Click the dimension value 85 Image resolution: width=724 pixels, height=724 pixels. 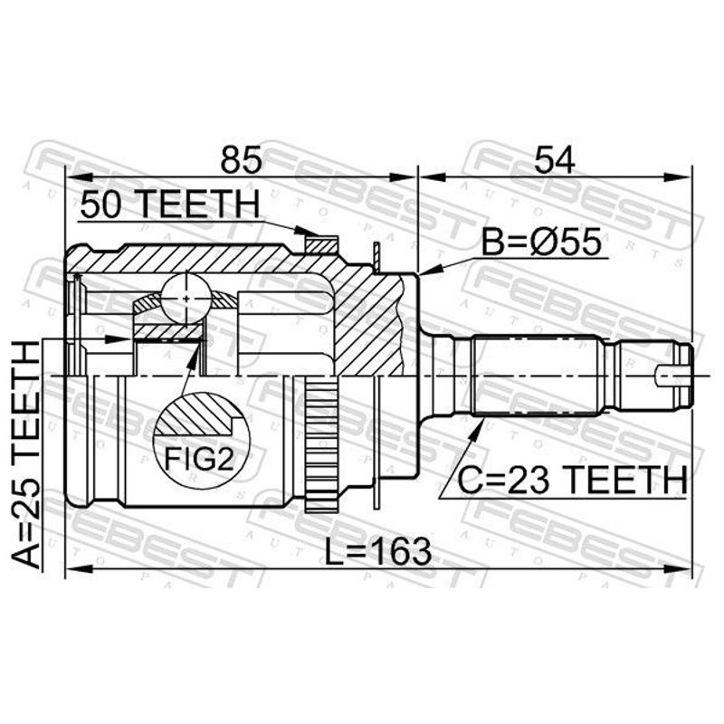tap(241, 160)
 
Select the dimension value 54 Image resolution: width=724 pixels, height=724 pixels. tap(554, 160)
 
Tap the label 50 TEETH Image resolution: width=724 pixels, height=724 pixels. tap(169, 205)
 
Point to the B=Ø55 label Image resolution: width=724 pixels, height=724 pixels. tap(541, 242)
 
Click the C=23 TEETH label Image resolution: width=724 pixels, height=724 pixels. tap(572, 480)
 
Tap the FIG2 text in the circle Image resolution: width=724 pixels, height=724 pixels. tap(199, 460)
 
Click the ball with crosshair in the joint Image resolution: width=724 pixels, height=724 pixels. tap(186, 298)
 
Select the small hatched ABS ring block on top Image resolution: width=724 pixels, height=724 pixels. tap(322, 244)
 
